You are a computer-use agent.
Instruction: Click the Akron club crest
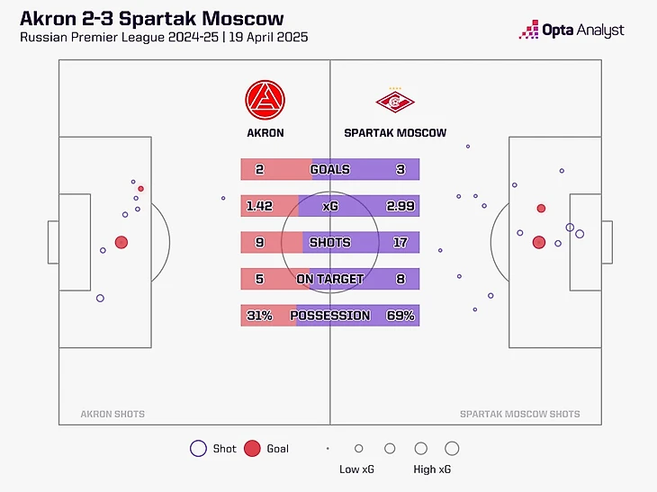(x=265, y=100)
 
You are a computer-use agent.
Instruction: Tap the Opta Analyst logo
(x=571, y=30)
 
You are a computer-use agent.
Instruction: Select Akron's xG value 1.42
(x=259, y=206)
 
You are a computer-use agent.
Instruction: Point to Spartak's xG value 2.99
(x=400, y=206)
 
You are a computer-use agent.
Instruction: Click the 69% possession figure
(x=401, y=316)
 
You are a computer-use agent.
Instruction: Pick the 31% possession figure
(x=259, y=316)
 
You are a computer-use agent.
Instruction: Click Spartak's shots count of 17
(x=400, y=243)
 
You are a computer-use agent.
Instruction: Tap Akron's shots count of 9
(x=259, y=243)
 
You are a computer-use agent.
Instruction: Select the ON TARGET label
(x=329, y=280)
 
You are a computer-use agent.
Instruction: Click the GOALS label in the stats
(x=329, y=169)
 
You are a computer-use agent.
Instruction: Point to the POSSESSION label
(x=329, y=316)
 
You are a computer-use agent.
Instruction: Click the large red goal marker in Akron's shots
(x=121, y=242)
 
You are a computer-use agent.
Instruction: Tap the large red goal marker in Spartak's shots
(x=539, y=242)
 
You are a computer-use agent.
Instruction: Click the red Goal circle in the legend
(x=252, y=448)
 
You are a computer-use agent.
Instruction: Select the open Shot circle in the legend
(x=198, y=448)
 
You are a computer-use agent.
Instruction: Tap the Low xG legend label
(x=356, y=470)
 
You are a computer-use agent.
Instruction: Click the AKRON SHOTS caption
(x=112, y=415)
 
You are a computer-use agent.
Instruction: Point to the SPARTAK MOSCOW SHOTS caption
(x=520, y=415)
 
